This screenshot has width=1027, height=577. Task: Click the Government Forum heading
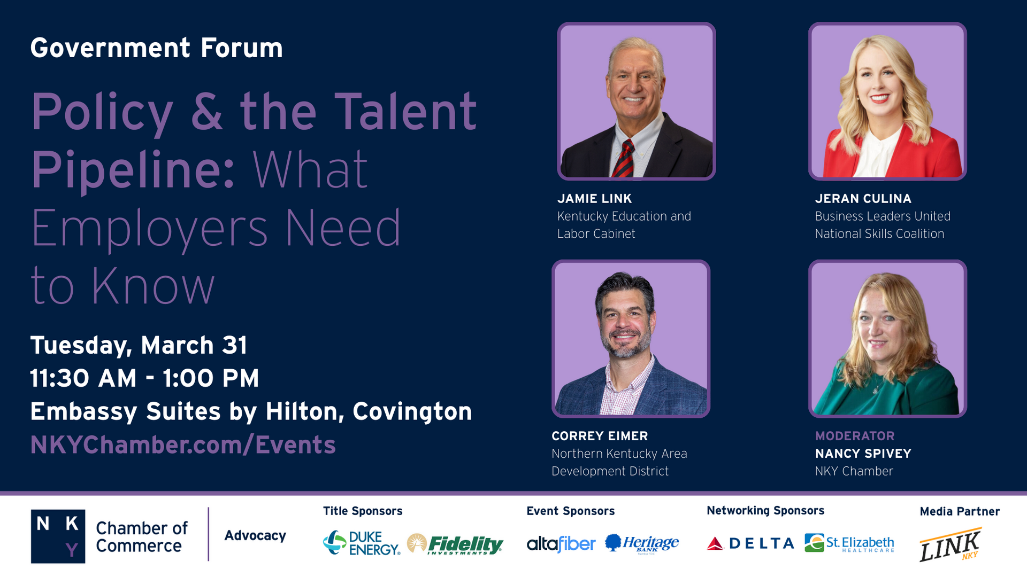(156, 48)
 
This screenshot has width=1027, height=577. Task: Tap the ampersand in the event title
(206, 111)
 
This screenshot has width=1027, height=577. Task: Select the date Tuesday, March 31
(139, 346)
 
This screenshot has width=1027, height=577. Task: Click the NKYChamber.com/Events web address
(183, 445)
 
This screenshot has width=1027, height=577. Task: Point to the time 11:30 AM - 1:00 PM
(144, 378)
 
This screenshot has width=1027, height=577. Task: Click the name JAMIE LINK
(594, 199)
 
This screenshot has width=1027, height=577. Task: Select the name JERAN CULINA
(863, 199)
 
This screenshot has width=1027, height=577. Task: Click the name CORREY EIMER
(600, 436)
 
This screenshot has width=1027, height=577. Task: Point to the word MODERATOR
(855, 436)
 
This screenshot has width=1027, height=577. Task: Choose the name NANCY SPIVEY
(863, 454)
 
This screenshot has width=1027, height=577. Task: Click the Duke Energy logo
(362, 543)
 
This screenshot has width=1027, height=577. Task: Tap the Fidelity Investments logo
(455, 544)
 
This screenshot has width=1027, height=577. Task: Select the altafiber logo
(561, 544)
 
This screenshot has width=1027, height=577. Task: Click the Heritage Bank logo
(642, 544)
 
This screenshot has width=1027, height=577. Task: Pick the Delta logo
(750, 544)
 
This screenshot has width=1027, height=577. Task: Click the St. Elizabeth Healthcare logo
(849, 543)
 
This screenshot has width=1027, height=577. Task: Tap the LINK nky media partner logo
(951, 544)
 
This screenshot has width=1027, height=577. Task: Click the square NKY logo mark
(58, 536)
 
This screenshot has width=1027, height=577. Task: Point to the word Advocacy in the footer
(255, 536)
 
